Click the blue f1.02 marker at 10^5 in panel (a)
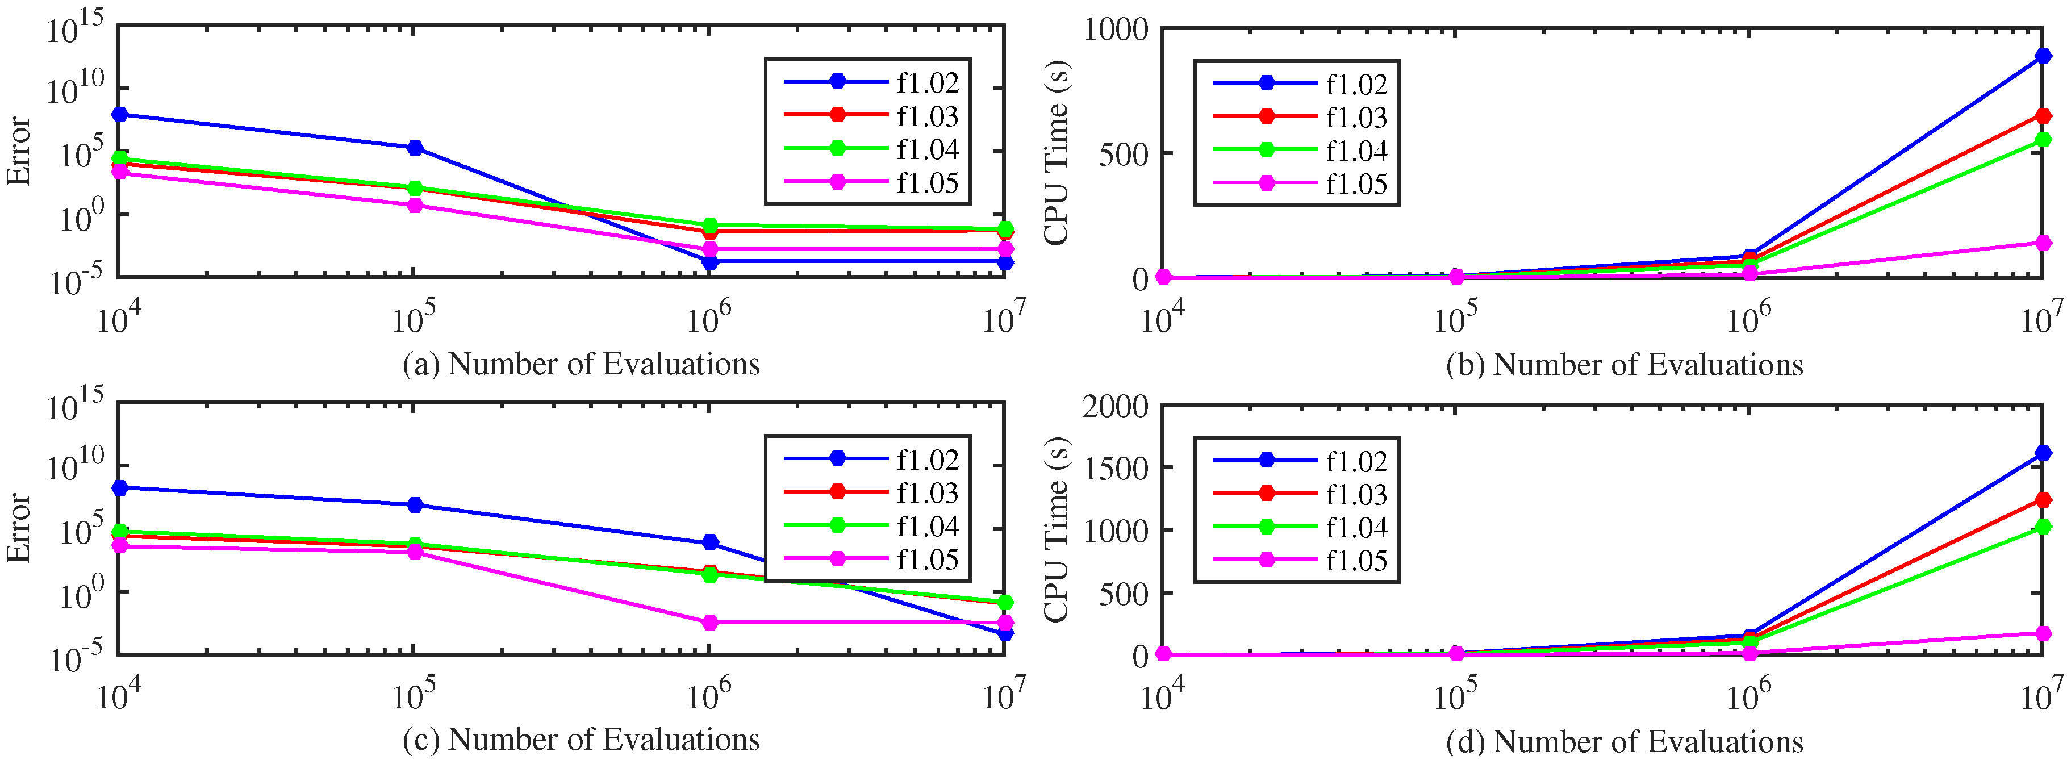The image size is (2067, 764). click(x=415, y=148)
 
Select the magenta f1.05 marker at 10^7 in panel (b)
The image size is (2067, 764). click(x=2042, y=243)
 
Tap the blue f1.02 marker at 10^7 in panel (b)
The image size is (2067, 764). click(x=2042, y=56)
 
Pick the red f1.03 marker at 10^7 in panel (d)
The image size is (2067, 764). click(x=2042, y=500)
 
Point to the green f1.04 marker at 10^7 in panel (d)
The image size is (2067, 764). click(x=2042, y=527)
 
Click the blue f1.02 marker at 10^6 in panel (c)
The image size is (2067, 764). click(x=709, y=542)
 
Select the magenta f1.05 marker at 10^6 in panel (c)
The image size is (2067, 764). click(x=709, y=623)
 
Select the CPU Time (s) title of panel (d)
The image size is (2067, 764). click(x=1056, y=529)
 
